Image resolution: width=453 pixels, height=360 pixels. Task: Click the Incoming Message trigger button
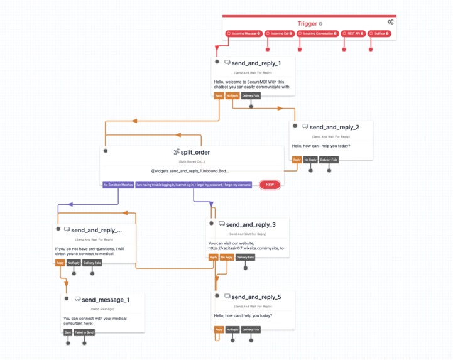(x=244, y=33)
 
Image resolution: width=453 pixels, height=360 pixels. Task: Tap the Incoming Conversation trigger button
(x=317, y=33)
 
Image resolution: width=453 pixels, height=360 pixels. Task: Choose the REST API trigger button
(x=353, y=33)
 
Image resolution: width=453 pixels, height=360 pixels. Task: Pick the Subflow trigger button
(x=381, y=33)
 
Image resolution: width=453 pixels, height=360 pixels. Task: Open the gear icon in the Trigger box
(x=390, y=22)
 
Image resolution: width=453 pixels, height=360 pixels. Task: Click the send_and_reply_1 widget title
(x=256, y=63)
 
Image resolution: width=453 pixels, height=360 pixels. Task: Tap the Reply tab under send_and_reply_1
(x=219, y=96)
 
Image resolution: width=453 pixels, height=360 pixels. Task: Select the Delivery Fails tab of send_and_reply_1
(x=251, y=96)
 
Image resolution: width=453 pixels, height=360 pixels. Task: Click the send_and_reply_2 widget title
(x=334, y=128)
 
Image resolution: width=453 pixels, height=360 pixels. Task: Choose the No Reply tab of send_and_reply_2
(x=310, y=160)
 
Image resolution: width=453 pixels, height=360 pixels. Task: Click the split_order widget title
(x=195, y=152)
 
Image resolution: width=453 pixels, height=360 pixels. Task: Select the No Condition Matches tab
(x=118, y=185)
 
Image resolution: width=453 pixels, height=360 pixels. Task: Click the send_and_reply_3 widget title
(x=250, y=224)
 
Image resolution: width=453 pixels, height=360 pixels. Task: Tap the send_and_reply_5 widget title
(x=256, y=297)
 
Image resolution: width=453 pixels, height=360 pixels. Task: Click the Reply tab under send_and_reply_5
(x=219, y=329)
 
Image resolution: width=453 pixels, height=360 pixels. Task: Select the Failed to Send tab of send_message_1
(x=84, y=332)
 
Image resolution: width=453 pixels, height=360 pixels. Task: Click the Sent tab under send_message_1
(x=68, y=332)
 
